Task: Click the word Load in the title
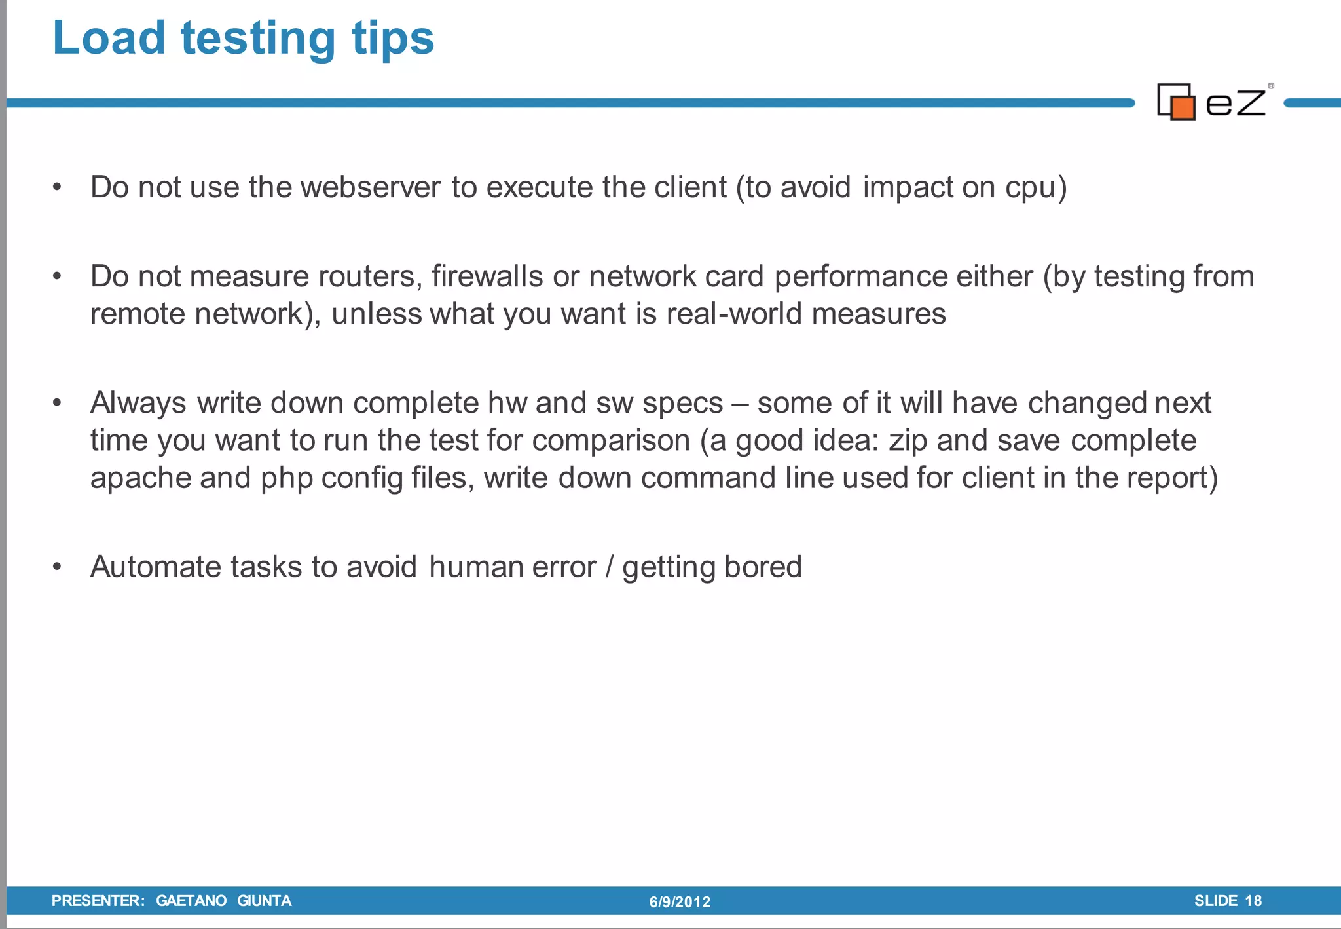[109, 38]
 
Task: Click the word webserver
[371, 187]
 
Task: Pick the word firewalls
[487, 276]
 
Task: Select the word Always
[138, 404]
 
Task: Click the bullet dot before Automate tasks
[58, 567]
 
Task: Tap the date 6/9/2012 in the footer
[680, 902]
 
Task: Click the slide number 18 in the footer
[1253, 901]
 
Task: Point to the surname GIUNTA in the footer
[264, 901]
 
